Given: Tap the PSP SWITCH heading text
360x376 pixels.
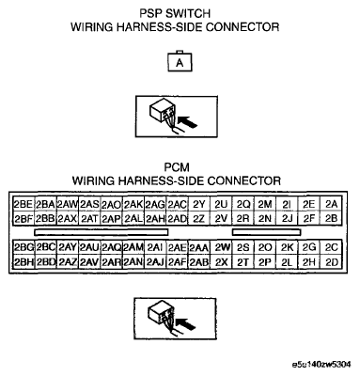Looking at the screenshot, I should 180,12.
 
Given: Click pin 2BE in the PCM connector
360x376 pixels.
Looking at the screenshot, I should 23,204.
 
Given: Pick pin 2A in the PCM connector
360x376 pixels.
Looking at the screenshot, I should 330,204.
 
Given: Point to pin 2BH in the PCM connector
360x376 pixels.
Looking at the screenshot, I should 23,262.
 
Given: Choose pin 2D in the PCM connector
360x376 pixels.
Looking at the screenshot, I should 330,262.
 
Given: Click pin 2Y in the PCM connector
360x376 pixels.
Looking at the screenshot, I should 199,204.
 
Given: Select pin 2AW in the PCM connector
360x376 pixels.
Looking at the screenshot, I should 67,204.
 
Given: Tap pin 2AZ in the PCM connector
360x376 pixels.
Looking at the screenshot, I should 67,262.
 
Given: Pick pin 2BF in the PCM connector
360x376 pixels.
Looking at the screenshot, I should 23,218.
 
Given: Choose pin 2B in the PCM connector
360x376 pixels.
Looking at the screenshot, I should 330,218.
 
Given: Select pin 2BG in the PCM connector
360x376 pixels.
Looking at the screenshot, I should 23,248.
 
